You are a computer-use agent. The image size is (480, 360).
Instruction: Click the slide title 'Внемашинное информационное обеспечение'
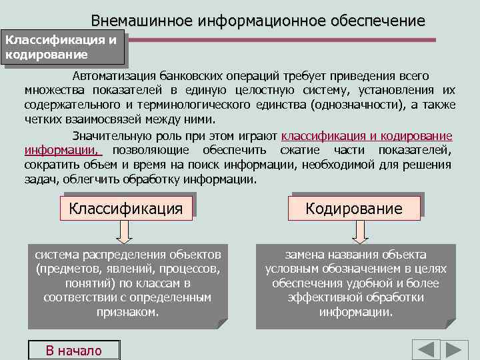pyautogui.click(x=257, y=21)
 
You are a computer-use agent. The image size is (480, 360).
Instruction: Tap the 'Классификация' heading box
pyautogui.click(x=126, y=208)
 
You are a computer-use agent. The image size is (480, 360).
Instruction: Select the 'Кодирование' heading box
pyautogui.click(x=354, y=208)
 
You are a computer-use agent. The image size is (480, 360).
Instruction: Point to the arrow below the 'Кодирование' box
pyautogui.click(x=359, y=231)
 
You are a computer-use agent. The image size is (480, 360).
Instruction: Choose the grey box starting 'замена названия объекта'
pyautogui.click(x=355, y=283)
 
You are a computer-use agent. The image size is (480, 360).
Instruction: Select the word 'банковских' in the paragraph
pyautogui.click(x=189, y=76)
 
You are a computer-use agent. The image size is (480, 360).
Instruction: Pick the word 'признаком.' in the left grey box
pyautogui.click(x=127, y=312)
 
